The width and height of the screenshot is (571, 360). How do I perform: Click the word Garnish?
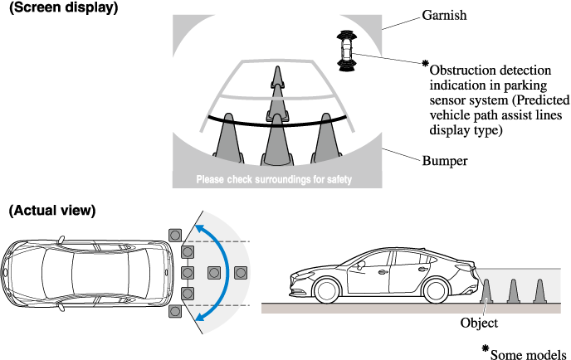click(445, 15)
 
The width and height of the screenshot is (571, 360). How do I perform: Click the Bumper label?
click(444, 160)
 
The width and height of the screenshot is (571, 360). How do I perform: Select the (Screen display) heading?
click(62, 7)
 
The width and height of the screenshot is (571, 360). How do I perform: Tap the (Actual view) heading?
click(52, 211)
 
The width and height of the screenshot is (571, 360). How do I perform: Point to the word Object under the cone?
click(479, 323)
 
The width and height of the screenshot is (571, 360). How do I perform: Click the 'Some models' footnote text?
click(529, 353)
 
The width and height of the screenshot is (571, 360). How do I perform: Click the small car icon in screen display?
click(344, 48)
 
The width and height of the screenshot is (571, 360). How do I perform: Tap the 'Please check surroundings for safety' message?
click(274, 180)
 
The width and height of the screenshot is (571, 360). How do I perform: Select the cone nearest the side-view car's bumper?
click(487, 290)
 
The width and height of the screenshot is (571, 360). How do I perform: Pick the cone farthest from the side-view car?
click(540, 290)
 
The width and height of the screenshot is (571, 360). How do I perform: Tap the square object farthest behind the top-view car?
click(241, 271)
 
